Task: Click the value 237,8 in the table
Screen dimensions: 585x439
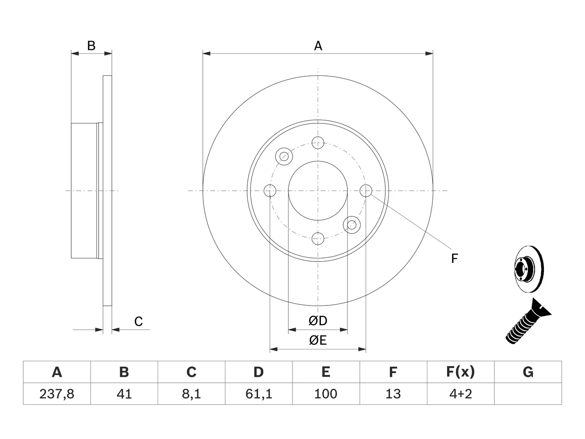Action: pos(57,394)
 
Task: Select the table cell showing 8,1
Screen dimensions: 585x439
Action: pos(191,394)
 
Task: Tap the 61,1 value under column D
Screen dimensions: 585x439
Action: pos(259,394)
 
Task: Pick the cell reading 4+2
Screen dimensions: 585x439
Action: pos(461,394)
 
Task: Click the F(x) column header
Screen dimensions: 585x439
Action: pos(461,372)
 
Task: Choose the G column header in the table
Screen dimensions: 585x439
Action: pos(528,372)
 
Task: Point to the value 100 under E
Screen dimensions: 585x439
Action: pos(326,394)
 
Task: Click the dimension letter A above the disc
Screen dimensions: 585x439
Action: pos(318,46)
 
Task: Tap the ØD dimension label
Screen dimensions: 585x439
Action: pos(318,321)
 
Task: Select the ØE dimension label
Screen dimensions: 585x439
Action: pos(318,340)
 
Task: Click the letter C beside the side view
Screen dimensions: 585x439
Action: pos(138,321)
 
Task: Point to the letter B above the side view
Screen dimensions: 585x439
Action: pos(91,46)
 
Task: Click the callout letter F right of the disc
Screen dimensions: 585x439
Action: pos(454,258)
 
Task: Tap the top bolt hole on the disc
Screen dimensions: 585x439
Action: pos(318,143)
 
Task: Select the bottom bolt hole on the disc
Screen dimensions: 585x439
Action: pos(318,238)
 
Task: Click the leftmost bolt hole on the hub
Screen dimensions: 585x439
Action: pos(270,191)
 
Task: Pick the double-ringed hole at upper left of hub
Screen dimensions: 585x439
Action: pos(284,156)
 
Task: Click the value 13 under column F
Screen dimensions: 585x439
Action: pos(393,394)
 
